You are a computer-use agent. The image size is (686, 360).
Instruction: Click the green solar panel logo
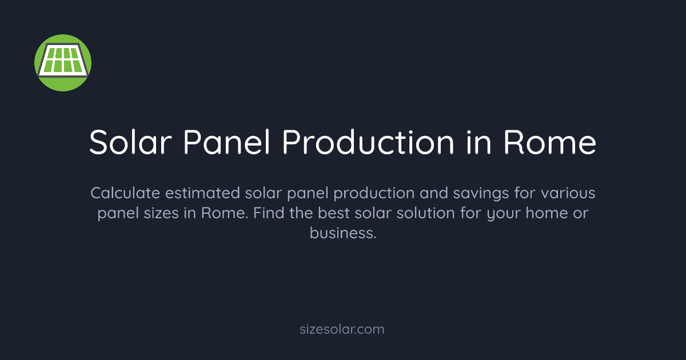pos(63,62)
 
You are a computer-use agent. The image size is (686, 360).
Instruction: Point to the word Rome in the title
pos(550,142)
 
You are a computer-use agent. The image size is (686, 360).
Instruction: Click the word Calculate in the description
pos(125,193)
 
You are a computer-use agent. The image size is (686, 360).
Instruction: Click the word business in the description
pos(342,234)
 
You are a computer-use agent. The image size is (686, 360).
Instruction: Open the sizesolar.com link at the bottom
pos(342,329)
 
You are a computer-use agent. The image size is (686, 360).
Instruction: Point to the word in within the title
pos(478,142)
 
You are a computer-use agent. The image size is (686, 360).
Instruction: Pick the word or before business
pos(579,214)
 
